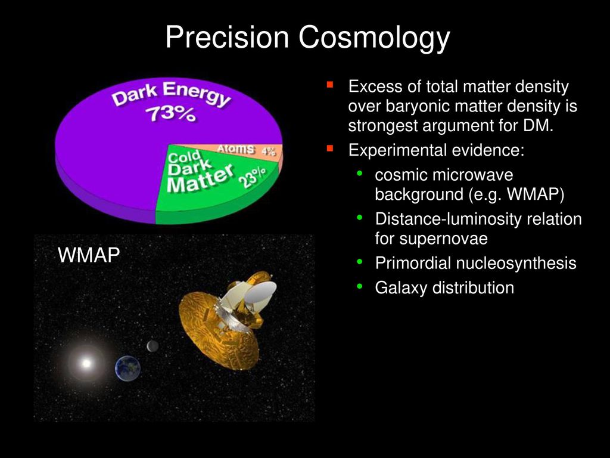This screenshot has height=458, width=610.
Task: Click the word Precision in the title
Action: pos(227,38)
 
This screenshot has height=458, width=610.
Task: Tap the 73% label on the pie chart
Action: pos(170,114)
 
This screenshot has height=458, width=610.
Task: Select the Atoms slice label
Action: pos(236,148)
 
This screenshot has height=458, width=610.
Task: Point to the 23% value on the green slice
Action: pos(255,177)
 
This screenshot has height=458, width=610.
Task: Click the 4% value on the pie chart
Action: pos(269,151)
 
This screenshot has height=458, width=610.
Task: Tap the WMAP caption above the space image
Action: pos(89,255)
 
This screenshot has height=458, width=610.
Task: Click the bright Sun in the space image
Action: pos(86,363)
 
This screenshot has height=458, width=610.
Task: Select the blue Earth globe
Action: pos(127,368)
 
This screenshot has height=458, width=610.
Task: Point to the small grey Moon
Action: pos(152,346)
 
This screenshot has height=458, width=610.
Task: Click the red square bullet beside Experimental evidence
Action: pos(330,148)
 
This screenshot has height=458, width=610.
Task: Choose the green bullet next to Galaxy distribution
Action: pos(359,287)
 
